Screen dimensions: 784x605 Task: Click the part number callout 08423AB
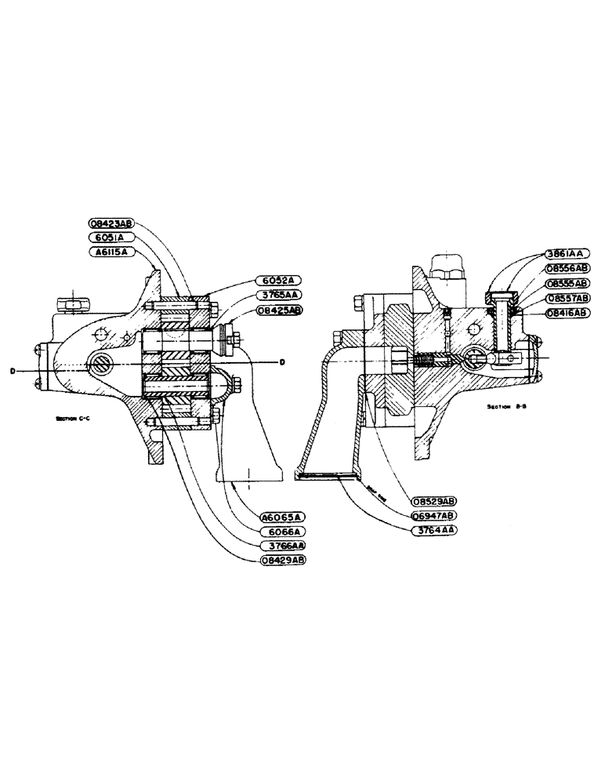[114, 223]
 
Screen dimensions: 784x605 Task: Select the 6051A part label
[114, 238]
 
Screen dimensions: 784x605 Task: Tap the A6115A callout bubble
[114, 252]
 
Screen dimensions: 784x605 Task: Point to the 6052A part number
[277, 281]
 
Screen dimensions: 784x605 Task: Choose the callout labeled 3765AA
[277, 295]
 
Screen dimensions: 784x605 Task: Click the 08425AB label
[277, 310]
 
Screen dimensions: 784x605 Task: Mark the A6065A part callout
[281, 517]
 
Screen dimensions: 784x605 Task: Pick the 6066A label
[281, 532]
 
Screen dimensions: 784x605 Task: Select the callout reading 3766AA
[281, 546]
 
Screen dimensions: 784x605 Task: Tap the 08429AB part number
[281, 561]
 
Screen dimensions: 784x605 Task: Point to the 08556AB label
[567, 268]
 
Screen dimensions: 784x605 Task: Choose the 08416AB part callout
[567, 312]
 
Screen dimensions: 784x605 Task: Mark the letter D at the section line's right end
[281, 362]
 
